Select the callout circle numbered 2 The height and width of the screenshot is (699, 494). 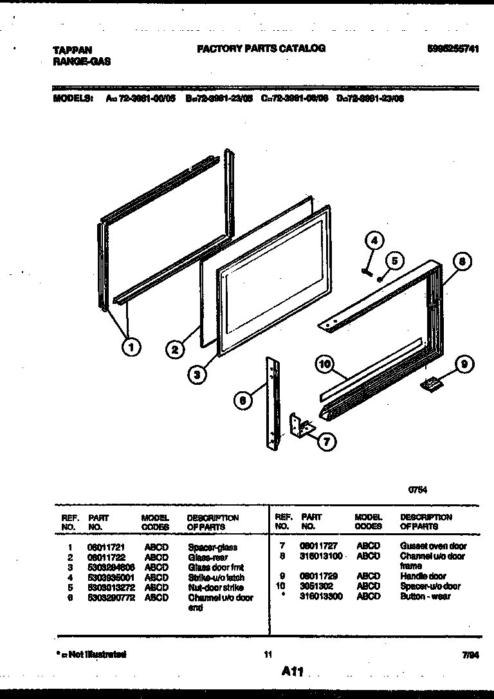(x=174, y=350)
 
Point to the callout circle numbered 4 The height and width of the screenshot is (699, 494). (x=375, y=242)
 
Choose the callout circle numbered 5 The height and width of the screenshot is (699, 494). (x=395, y=260)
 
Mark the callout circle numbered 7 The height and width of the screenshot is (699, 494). (x=327, y=441)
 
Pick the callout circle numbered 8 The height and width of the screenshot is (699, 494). (x=461, y=261)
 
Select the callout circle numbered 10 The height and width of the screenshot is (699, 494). (x=325, y=365)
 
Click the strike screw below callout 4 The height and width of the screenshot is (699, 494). (x=366, y=270)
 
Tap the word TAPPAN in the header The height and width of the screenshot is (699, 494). (x=71, y=49)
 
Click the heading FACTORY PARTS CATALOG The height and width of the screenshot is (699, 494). (x=261, y=48)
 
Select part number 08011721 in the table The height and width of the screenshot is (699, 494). (x=104, y=547)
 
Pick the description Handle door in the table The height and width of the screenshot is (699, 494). (x=423, y=576)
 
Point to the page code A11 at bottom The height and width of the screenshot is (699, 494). (x=291, y=671)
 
